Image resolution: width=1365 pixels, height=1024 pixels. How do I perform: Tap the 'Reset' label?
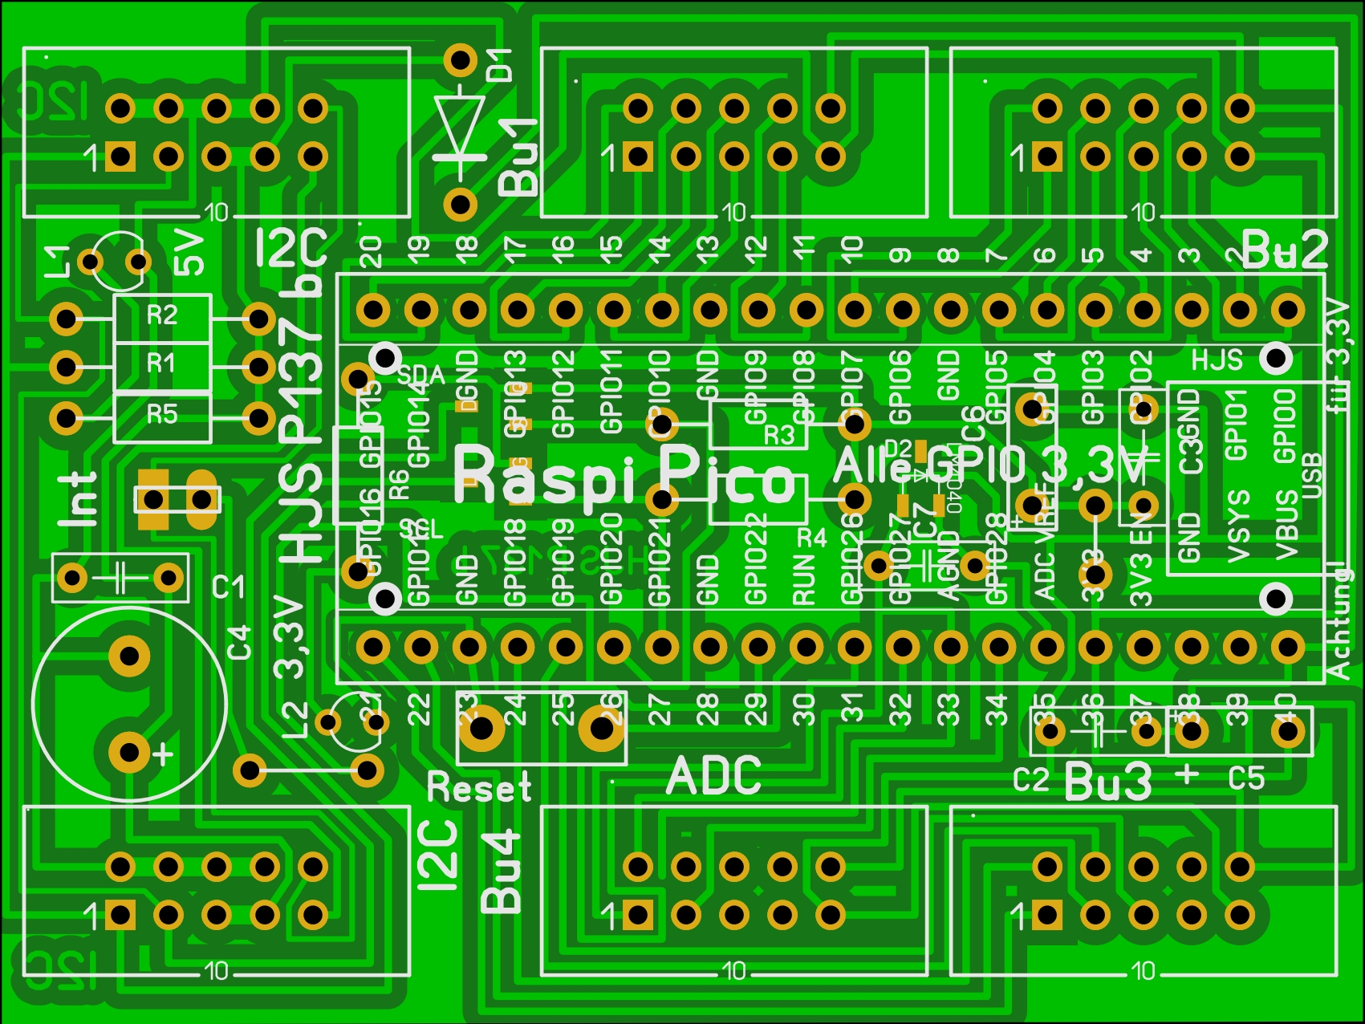(479, 787)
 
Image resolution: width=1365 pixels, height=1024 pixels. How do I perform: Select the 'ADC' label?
(713, 776)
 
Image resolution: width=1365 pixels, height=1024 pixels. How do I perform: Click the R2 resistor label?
(162, 315)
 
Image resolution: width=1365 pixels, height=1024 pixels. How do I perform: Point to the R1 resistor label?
(162, 364)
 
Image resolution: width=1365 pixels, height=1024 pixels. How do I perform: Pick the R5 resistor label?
(162, 414)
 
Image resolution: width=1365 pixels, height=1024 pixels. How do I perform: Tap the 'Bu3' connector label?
(1108, 781)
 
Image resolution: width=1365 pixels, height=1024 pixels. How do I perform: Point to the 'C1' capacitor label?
(228, 587)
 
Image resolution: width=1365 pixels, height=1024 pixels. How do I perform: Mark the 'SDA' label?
(420, 375)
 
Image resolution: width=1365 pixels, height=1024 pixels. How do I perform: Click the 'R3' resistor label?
(778, 436)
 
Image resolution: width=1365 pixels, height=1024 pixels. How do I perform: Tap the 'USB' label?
(1313, 476)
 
